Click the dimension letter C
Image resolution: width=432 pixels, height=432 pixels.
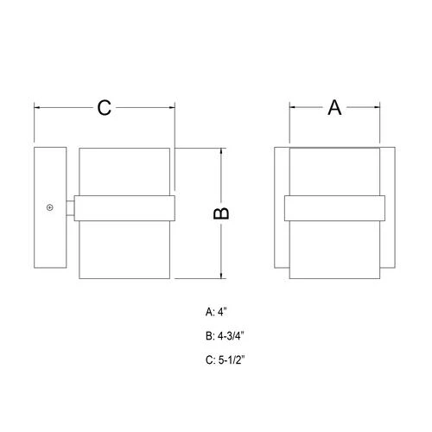[x=104, y=108]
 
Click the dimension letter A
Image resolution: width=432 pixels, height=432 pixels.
[x=334, y=107]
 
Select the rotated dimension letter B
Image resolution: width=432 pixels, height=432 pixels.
[x=221, y=213]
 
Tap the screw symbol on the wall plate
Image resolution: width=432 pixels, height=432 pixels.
[x=50, y=207]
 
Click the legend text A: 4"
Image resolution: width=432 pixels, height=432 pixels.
[x=216, y=312]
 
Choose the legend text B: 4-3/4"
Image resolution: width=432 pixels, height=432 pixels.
[x=225, y=336]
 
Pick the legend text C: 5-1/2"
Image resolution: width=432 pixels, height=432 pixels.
[x=225, y=359]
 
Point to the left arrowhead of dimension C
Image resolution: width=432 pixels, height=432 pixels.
[x=37, y=108]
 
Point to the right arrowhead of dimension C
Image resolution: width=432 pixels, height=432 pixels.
[x=172, y=108]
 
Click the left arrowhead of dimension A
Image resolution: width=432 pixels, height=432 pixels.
[x=292, y=107]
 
